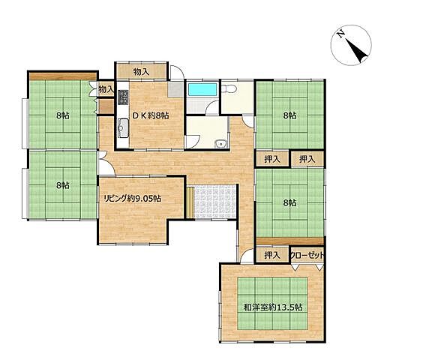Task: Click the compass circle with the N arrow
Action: pos(351,45)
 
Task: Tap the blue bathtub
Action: pos(202,89)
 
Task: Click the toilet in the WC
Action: pos(229,89)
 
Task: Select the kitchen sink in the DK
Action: pos(123,128)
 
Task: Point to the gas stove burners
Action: pos(123,97)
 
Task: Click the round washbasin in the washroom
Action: pos(220,144)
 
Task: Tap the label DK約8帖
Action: pos(151,115)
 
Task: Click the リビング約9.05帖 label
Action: pos(133,199)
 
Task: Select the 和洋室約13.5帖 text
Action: pos(273,307)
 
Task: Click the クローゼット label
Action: pos(307,256)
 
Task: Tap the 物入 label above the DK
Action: pos(141,72)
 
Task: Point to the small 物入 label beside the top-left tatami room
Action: pos(106,90)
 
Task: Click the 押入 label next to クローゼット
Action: pos(272,256)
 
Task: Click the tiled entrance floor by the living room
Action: pos(215,202)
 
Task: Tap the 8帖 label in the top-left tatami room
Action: pos(63,115)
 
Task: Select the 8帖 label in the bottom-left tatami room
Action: pos(63,185)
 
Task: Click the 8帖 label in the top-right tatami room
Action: pos(290,115)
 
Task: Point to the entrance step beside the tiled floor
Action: pos(190,202)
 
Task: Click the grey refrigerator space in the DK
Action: pos(175,90)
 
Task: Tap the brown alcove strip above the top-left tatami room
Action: pos(63,76)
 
